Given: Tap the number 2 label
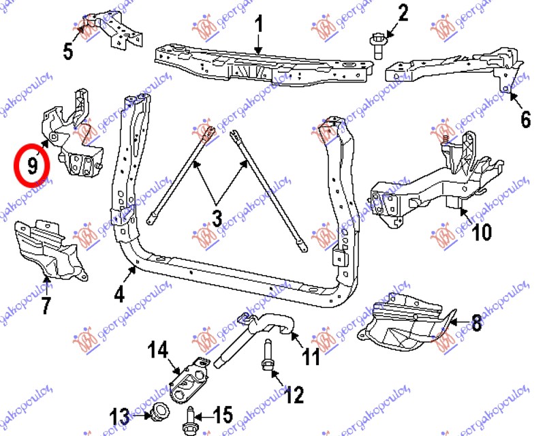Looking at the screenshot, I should coord(403,12).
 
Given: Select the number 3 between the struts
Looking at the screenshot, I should coord(217,219).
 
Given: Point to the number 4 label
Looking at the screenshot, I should coord(120,296).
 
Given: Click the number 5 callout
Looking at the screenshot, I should coord(68,51).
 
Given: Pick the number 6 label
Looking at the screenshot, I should coord(525,120).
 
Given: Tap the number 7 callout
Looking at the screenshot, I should coord(46,306).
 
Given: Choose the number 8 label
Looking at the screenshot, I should coord(476,324).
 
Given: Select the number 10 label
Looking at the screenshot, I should coord(480,232).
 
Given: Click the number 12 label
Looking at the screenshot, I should coord(294,394).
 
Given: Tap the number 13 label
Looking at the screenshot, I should coord(120,415).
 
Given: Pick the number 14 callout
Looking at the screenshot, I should coord(157,352).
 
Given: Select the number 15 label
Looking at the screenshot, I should coord(223,414).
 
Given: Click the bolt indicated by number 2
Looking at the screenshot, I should coord(377,42).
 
